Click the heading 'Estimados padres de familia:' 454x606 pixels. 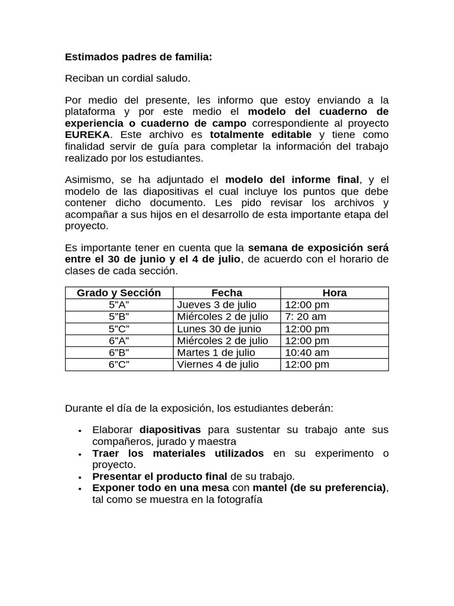coord(138,57)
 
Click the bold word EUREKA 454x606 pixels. coord(87,135)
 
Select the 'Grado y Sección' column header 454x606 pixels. coord(119,293)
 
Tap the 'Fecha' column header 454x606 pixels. coord(226,293)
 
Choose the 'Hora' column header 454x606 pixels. coord(335,293)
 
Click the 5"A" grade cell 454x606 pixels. coord(119,305)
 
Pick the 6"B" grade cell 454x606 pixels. coord(119,353)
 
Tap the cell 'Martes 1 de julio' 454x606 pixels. coord(216,353)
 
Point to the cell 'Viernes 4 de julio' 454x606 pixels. coord(218,365)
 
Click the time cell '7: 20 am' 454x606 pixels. coord(306,317)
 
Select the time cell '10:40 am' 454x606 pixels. coord(307,353)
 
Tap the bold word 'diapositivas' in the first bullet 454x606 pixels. coord(170,430)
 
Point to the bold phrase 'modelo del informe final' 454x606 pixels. coord(292,180)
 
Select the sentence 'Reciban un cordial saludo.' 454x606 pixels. coord(128,79)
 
